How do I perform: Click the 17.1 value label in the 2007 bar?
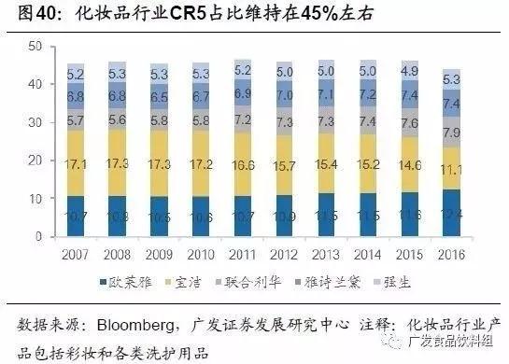pos(77,164)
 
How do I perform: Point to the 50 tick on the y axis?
pos(36,46)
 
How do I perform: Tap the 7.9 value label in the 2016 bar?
pos(451,132)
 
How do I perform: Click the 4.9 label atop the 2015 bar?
pos(409,71)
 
